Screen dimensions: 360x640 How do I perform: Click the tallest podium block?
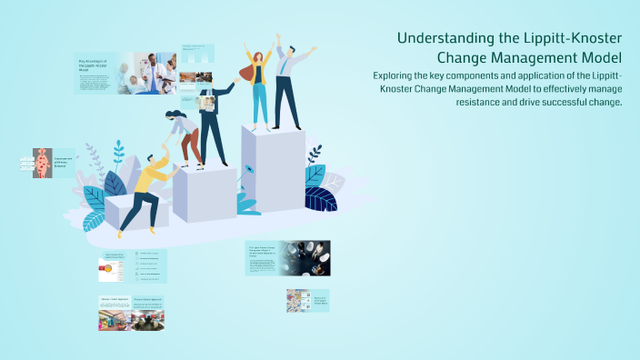pos(273,173)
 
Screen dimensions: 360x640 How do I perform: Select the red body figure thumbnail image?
pos(42,163)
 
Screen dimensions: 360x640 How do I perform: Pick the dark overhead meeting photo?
pos(305,258)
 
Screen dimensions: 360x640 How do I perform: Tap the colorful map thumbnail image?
pos(297,301)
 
